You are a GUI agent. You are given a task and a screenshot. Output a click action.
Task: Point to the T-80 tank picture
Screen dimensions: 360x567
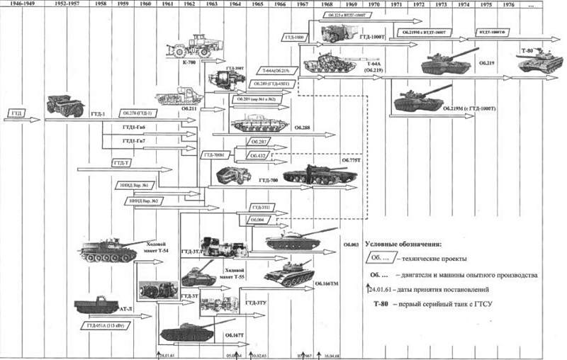[x=539, y=64]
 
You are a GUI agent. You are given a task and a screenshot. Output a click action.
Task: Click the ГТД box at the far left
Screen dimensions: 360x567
[x=18, y=113]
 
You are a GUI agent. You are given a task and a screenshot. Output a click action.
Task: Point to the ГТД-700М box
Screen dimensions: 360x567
[x=213, y=154]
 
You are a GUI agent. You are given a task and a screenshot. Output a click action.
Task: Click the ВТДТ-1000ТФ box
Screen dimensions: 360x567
[x=495, y=32]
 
